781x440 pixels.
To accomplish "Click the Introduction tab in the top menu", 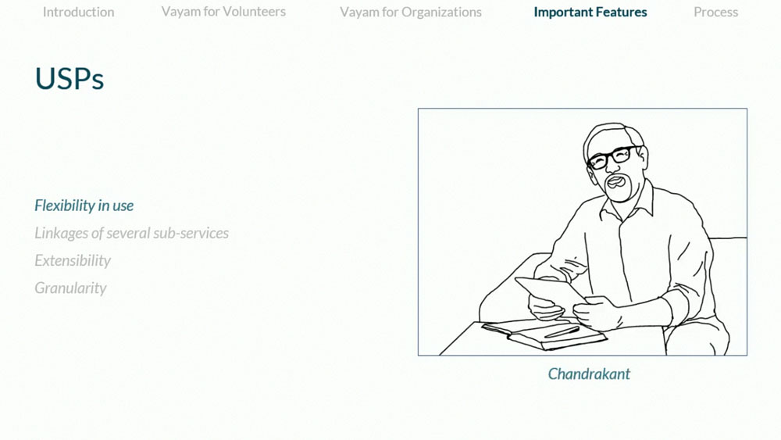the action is click(78, 12).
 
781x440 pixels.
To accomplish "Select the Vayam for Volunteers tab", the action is click(223, 12).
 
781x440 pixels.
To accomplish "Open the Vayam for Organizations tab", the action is click(411, 12).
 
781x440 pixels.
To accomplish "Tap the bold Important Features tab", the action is click(590, 12).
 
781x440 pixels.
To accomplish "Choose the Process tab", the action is click(715, 12).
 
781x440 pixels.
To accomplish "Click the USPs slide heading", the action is click(70, 79).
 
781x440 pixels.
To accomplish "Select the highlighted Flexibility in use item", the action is click(84, 206).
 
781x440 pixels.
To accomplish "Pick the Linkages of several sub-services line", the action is click(131, 233).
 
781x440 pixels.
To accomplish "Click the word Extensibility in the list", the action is click(73, 260).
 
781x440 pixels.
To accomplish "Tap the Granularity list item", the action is click(71, 288).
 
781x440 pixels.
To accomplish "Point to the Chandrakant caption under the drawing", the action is click(589, 374).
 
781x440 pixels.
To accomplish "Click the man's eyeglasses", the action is click(614, 157).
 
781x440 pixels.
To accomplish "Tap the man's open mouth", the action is click(616, 181).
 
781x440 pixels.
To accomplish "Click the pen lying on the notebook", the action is click(562, 332).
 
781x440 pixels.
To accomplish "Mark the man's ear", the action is click(642, 159).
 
